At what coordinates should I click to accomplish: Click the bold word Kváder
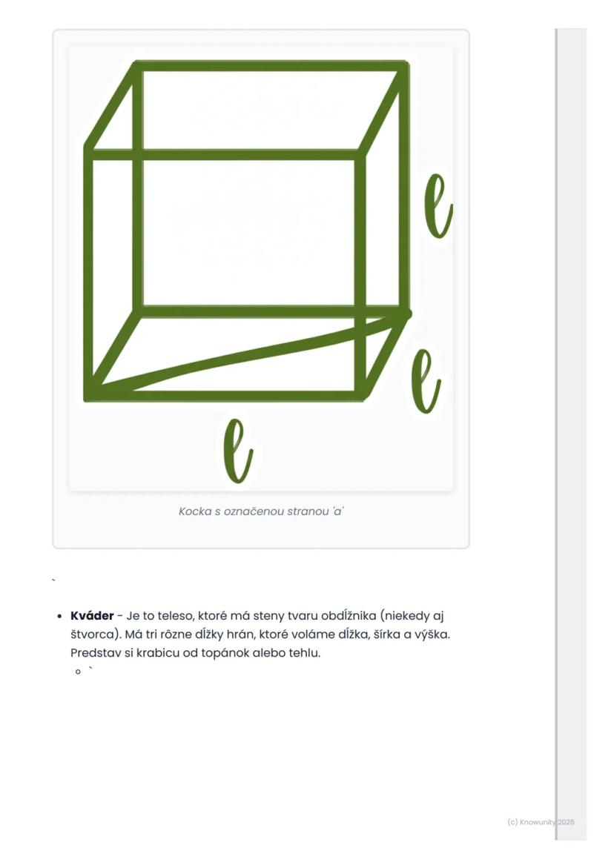pos(92,615)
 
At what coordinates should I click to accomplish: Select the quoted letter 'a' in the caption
pos(337,511)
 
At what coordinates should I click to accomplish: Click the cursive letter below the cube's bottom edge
pos(238,450)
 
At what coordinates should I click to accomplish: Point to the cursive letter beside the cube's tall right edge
pos(438,206)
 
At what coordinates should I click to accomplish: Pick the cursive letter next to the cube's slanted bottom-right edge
pos(426,381)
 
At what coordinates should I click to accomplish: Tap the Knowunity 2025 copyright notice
pos(541,822)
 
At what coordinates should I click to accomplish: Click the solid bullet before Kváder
pos(59,616)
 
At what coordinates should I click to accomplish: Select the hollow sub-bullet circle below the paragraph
pos(78,672)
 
